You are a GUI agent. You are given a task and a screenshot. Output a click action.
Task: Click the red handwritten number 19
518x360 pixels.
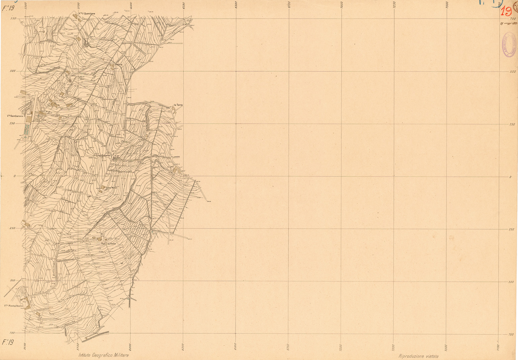506,12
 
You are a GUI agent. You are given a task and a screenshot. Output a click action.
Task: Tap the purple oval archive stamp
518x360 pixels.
508,45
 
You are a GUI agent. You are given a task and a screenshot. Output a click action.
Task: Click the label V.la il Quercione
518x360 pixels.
87,13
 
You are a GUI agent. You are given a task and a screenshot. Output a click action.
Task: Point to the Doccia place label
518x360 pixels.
118,64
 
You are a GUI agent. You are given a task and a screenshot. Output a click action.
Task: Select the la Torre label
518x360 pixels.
178,105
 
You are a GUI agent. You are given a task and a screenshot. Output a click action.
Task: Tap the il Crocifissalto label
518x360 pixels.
104,155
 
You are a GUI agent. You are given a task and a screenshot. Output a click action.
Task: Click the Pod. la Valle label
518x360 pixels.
108,243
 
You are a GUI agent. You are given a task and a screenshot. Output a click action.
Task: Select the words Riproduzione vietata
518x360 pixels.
418,356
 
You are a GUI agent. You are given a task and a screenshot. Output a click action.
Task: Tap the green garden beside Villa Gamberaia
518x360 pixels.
26,129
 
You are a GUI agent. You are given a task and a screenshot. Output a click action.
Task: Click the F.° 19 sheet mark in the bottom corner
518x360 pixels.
8,342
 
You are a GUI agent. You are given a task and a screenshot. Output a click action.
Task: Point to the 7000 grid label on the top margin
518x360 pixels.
342,6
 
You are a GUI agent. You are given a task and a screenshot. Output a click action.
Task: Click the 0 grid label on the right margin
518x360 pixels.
510,177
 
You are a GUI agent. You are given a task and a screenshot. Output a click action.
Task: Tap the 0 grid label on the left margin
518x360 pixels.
14,176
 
